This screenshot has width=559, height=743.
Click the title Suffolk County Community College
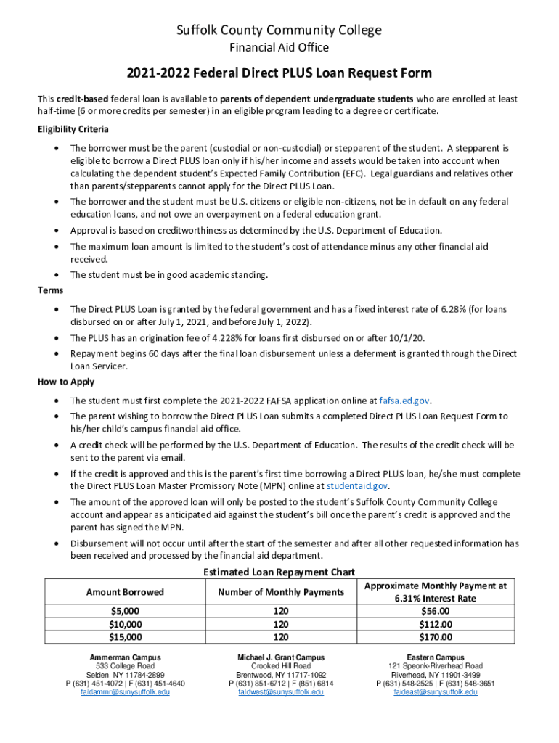click(x=279, y=30)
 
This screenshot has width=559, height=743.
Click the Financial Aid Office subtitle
click(x=279, y=48)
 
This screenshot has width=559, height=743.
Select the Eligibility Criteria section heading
click(x=73, y=129)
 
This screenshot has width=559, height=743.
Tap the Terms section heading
click(x=51, y=290)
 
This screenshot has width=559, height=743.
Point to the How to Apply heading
click(x=66, y=382)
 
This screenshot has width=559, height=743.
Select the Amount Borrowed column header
click(x=125, y=592)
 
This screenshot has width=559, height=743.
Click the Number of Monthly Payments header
click(x=281, y=592)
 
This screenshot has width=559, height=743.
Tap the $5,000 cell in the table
click(x=125, y=612)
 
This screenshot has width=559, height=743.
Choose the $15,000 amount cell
click(x=125, y=637)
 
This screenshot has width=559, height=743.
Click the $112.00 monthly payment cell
click(x=436, y=624)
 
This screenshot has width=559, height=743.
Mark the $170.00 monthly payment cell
click(x=436, y=637)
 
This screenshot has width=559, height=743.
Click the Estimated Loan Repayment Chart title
click(x=279, y=572)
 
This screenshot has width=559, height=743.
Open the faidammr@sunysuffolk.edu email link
click(x=125, y=692)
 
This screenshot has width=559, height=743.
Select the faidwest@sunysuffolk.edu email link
click(x=281, y=692)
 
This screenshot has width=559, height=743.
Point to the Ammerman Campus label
click(x=125, y=657)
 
